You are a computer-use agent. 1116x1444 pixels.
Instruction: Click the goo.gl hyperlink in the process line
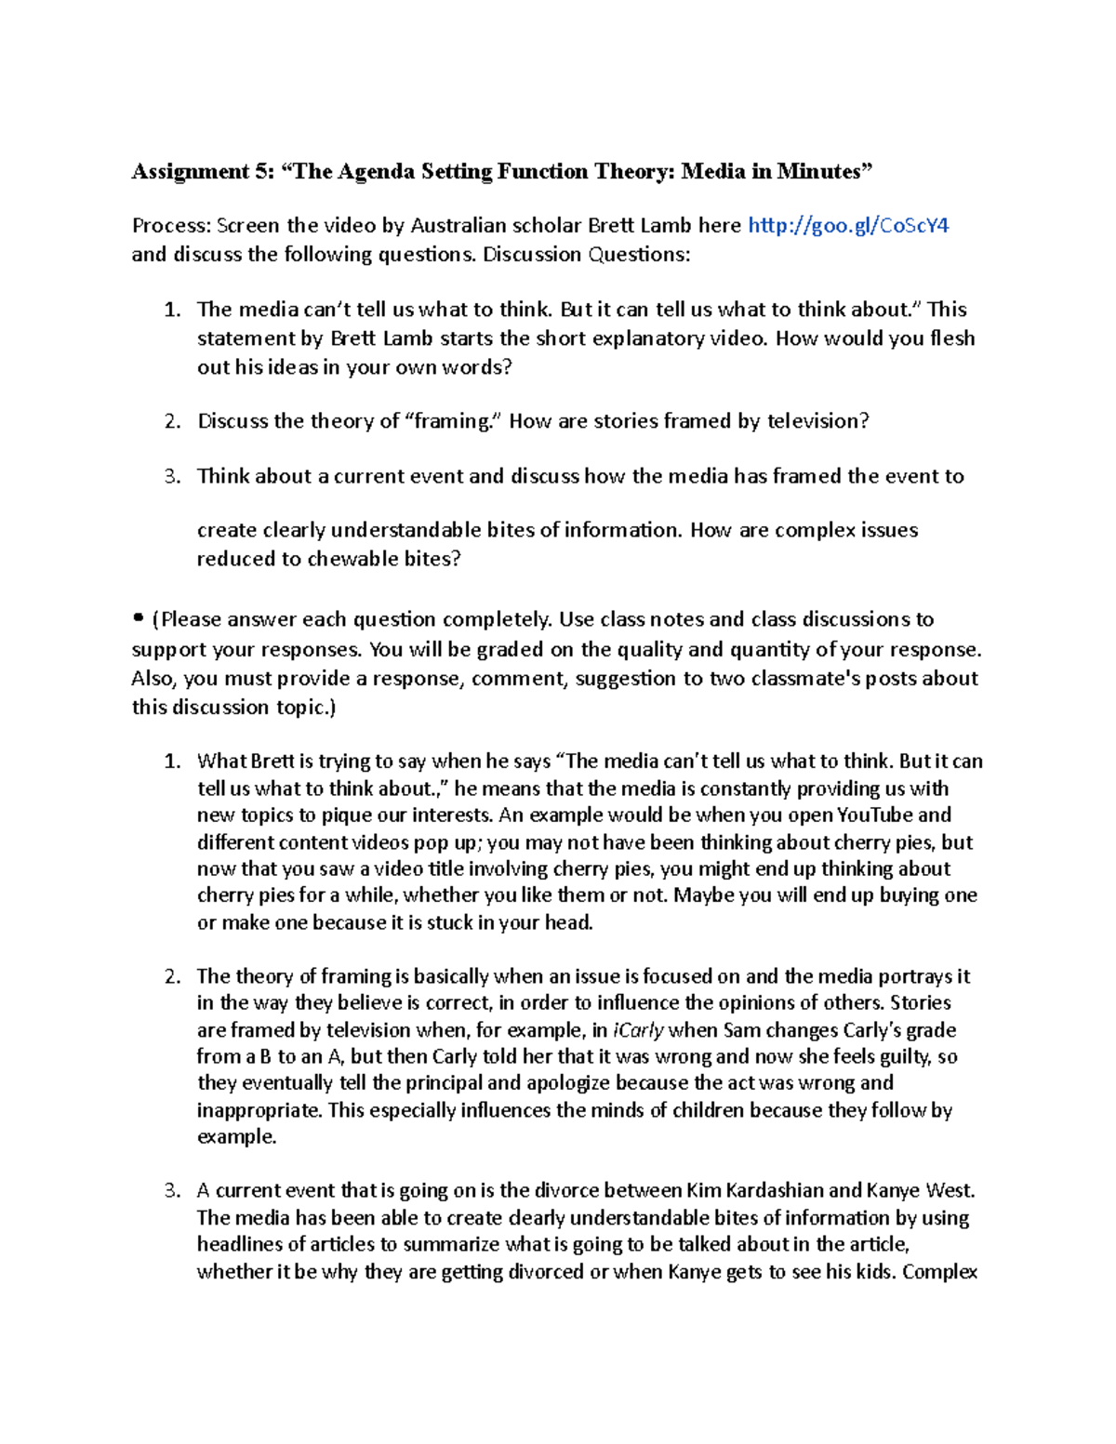tap(848, 225)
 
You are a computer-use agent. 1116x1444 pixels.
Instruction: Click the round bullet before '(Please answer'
tap(139, 617)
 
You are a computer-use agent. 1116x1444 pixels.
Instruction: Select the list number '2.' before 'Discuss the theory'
tap(172, 421)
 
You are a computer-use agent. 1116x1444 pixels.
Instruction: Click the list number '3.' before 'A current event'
tap(172, 1190)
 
